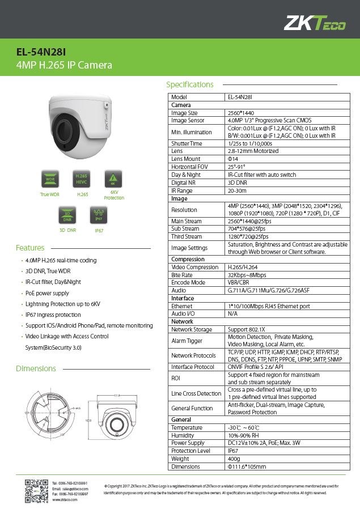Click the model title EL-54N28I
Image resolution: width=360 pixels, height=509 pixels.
[x=39, y=52]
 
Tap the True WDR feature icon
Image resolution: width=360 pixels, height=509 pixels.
[x=50, y=179]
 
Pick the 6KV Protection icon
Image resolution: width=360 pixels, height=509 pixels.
[x=113, y=179]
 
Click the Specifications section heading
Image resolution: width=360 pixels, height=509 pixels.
[x=189, y=84]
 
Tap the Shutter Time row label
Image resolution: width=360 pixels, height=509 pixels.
[x=187, y=144]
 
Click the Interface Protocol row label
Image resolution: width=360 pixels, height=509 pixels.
[x=193, y=367]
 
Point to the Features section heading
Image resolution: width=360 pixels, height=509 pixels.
[x=30, y=248]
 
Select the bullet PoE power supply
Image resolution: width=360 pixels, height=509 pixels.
[x=47, y=293]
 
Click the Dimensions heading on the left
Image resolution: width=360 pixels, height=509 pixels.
[x=36, y=368]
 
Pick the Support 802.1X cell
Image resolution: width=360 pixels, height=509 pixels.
[x=247, y=329]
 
